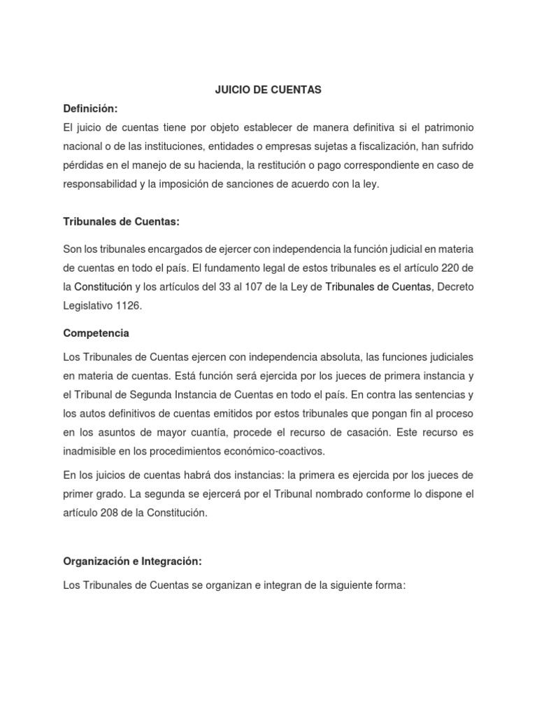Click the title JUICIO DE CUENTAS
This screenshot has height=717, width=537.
268,90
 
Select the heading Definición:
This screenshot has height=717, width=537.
90,109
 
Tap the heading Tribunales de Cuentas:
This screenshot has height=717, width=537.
121,222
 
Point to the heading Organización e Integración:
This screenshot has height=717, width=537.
132,561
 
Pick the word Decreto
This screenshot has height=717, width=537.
455,286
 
